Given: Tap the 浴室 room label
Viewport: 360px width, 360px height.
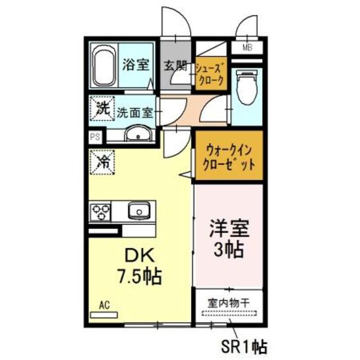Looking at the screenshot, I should click(x=136, y=64).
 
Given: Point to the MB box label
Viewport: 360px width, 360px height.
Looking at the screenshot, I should click(x=247, y=48).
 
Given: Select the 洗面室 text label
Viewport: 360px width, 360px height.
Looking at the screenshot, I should click(x=135, y=111).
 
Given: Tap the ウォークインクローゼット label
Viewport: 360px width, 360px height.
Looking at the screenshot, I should click(x=227, y=158).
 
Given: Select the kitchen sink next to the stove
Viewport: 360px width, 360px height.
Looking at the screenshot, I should click(x=138, y=211).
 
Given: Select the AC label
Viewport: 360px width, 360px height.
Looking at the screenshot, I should click(x=104, y=305).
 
